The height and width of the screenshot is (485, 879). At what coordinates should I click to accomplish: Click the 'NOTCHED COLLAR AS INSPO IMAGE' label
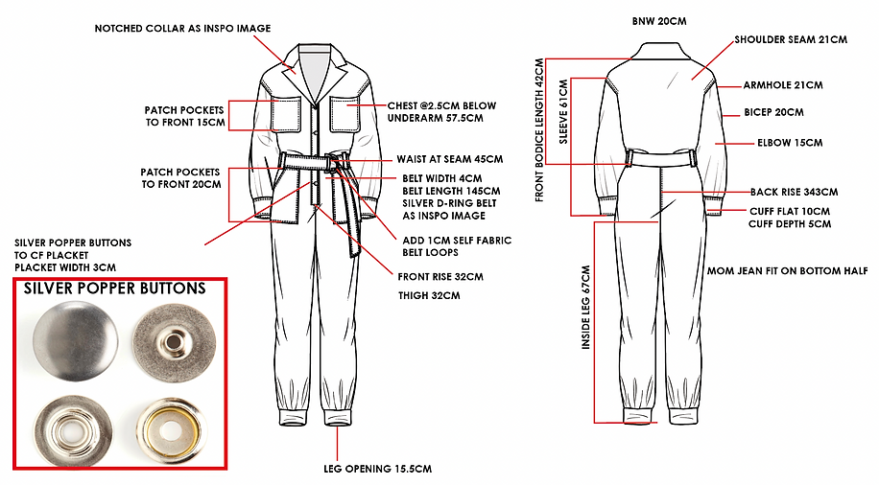pyautogui.click(x=181, y=29)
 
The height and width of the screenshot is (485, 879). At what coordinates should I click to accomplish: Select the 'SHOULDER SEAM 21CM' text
pyautogui.click(x=790, y=40)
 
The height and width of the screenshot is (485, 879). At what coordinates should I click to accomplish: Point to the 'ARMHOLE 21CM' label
pyautogui.click(x=782, y=85)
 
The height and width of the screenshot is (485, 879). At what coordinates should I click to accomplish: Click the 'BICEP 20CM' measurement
pyautogui.click(x=773, y=113)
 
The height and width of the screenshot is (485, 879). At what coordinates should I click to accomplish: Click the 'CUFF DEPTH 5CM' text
pyautogui.click(x=790, y=224)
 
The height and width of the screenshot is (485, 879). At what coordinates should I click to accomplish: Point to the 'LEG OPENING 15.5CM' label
pyautogui.click(x=378, y=469)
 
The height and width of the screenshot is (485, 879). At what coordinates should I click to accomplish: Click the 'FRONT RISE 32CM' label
pyautogui.click(x=440, y=277)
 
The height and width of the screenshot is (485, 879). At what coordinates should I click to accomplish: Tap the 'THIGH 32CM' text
pyautogui.click(x=429, y=295)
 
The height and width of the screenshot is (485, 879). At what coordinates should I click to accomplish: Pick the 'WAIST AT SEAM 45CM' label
pyautogui.click(x=449, y=159)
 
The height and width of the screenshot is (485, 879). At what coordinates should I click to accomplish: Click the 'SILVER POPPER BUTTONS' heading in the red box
pyautogui.click(x=114, y=288)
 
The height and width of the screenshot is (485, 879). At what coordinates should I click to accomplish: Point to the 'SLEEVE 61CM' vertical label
pyautogui.click(x=563, y=113)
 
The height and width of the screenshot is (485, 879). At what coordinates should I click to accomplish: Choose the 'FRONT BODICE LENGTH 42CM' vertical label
pyautogui.click(x=539, y=129)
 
